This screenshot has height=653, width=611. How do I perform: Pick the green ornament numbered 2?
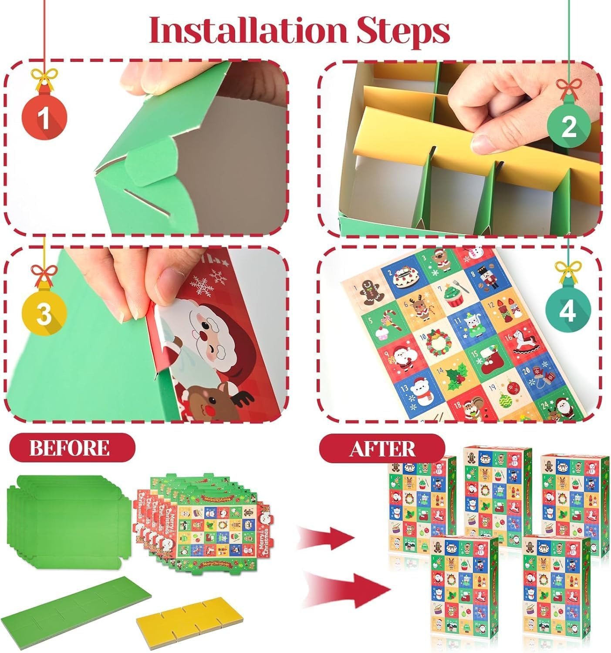click(569, 126)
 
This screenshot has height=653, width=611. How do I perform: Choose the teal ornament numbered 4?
click(567, 312)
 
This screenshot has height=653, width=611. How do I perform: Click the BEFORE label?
click(70, 448)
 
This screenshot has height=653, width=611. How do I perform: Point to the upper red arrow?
click(327, 535)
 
